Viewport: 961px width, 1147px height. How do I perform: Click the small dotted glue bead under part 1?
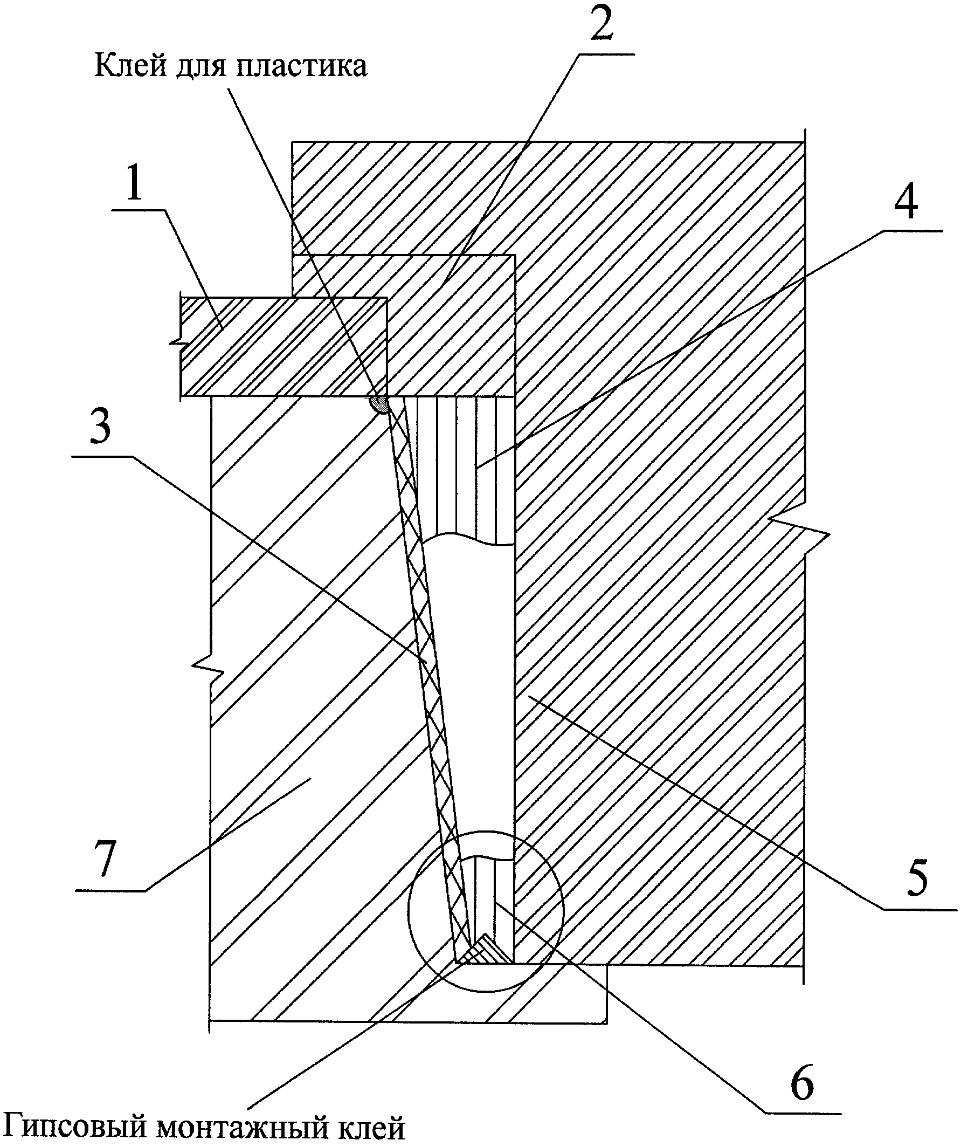pyautogui.click(x=379, y=404)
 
